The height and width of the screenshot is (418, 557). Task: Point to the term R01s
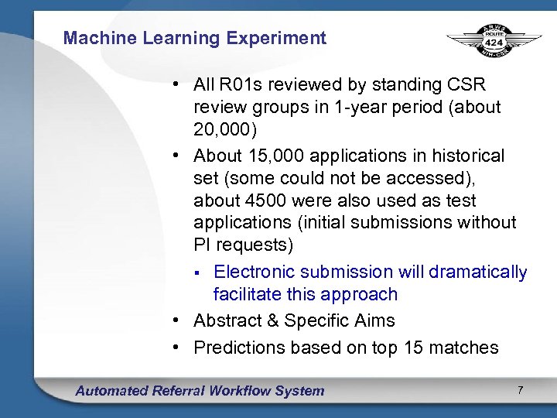237,84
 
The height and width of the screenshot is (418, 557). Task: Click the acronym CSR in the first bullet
468,84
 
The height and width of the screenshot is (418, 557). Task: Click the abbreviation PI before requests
202,245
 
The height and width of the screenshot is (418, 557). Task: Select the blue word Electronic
253,272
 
